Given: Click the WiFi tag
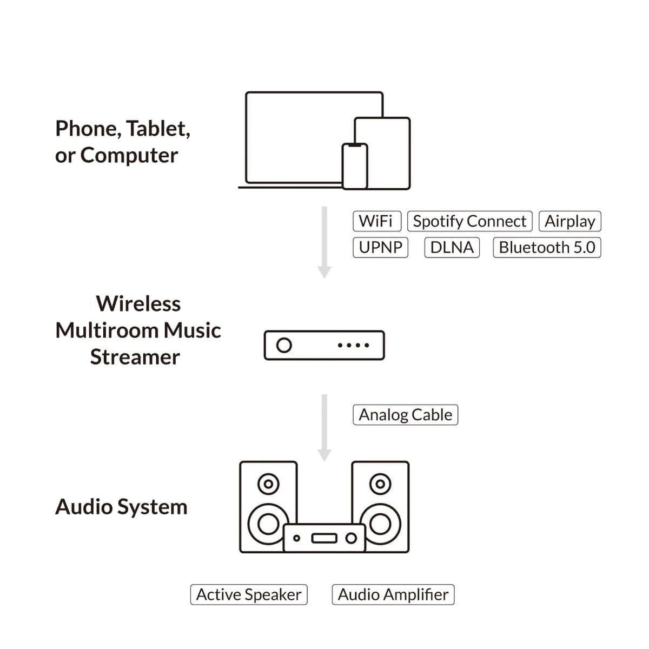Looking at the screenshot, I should point(376,221).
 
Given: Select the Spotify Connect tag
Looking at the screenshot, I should point(469,221).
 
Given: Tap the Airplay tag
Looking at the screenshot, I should point(569,221).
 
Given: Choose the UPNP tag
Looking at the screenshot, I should point(380,248).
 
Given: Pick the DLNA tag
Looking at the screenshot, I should point(452,248).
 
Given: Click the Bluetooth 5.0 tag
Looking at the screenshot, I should point(547,248).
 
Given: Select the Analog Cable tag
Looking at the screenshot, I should point(405,415).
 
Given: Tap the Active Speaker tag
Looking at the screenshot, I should point(249,594).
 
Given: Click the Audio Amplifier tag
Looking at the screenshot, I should point(393,594).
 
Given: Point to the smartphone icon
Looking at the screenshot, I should point(355,167).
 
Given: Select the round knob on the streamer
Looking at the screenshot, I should point(284,345).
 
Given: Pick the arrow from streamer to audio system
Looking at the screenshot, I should point(325,427).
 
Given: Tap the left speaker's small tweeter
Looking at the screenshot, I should point(268,484).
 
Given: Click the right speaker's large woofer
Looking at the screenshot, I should point(381,523).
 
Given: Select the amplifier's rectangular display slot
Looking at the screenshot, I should point(324,538).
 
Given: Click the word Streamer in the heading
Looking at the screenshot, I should point(135,357).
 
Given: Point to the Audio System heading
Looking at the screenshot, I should point(121,507).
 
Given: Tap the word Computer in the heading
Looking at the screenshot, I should point(129,156).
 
